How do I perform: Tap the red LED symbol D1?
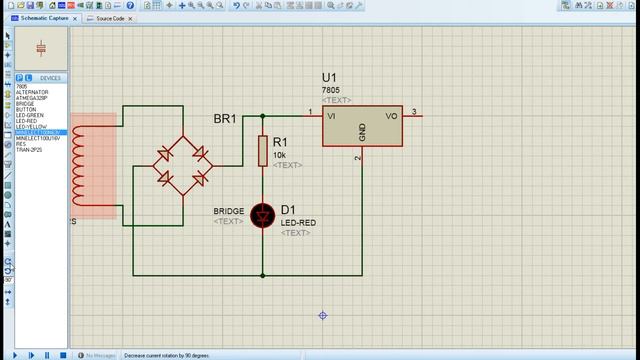pos(263,214)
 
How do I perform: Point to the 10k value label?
pos(279,156)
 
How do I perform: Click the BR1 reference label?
pos(225,119)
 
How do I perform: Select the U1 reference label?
pos(330,78)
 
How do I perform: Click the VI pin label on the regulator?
pos(332,116)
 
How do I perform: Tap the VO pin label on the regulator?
pos(392,116)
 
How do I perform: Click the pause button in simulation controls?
pos(48,355)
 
